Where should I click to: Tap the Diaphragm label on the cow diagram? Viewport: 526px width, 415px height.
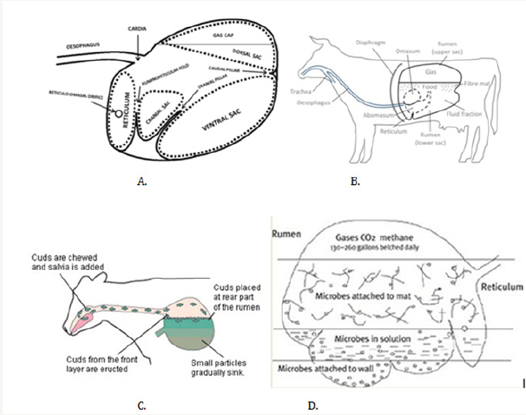tap(365, 43)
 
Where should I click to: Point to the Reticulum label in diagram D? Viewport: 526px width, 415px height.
tap(492, 286)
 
